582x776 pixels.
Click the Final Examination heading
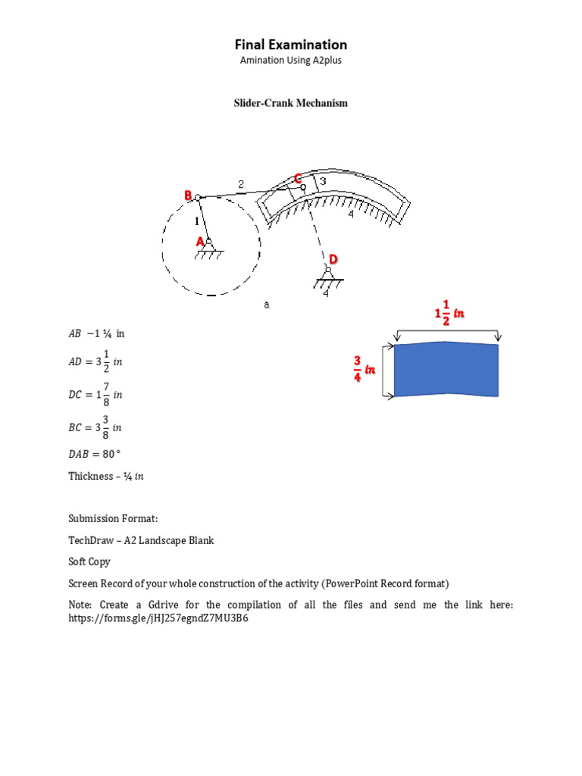[290, 45]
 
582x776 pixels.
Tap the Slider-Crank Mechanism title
[290, 103]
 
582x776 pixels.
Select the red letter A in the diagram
[201, 241]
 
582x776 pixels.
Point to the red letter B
[188, 196]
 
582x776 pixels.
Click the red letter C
[298, 178]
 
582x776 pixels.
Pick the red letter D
[333, 259]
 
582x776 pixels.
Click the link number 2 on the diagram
[241, 183]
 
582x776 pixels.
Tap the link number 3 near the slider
[323, 182]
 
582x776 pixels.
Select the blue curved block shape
[446, 369]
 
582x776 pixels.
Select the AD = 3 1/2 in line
[95, 361]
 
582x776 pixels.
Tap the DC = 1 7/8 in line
[95, 395]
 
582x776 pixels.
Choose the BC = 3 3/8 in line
[95, 427]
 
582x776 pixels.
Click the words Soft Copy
[89, 562]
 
